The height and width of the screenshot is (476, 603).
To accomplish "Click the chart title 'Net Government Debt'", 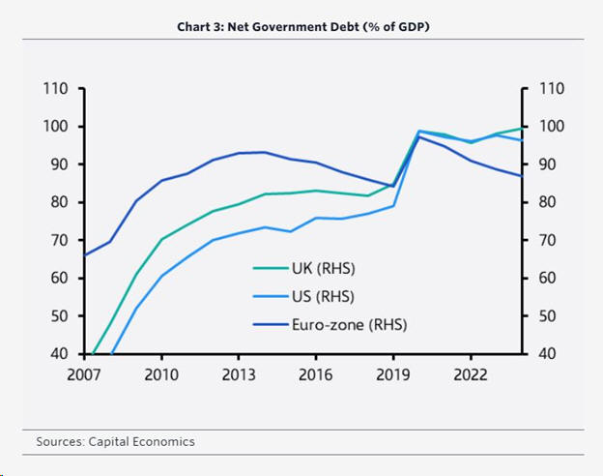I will pos(302,26).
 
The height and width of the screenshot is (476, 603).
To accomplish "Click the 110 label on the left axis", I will pos(56,89).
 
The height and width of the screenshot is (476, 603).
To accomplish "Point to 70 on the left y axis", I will pos(60,240).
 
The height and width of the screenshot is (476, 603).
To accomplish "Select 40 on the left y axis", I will pos(60,354).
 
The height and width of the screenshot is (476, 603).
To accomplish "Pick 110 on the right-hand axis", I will pos(548,89).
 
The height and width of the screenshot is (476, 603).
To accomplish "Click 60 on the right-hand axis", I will pos(544,279).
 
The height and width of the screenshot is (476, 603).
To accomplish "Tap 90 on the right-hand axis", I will pos(544,164).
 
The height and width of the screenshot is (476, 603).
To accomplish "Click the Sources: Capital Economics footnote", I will pos(115,442).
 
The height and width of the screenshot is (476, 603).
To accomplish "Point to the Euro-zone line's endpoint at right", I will pos(522,176).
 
